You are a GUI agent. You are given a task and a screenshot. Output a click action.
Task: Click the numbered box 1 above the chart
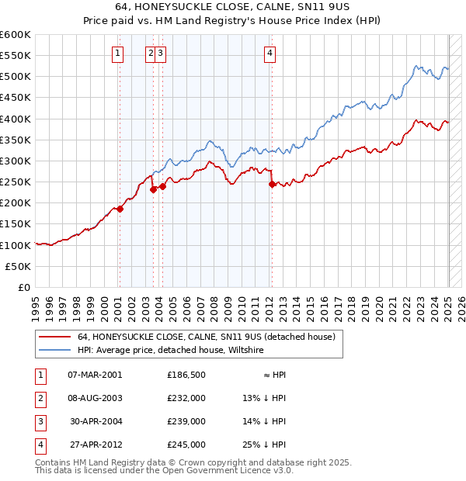point(116,54)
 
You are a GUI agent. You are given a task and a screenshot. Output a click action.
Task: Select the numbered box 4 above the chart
point(270,54)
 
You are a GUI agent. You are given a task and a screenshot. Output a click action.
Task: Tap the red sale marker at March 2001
point(120,209)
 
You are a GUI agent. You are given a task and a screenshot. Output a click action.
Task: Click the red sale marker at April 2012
point(272,185)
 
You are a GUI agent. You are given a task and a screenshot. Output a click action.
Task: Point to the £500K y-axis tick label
point(16,77)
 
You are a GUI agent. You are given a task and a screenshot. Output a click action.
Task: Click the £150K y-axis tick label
point(16,224)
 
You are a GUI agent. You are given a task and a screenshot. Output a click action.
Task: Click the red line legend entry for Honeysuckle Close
point(205,337)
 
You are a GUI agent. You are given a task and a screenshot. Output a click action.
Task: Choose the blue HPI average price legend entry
point(170,350)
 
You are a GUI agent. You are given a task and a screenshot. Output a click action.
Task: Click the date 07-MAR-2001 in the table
point(95,374)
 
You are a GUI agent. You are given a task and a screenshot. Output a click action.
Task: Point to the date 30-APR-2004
point(95,421)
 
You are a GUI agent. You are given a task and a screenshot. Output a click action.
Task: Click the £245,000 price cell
point(186,445)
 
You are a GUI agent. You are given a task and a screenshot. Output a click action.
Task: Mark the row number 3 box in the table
point(38,421)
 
